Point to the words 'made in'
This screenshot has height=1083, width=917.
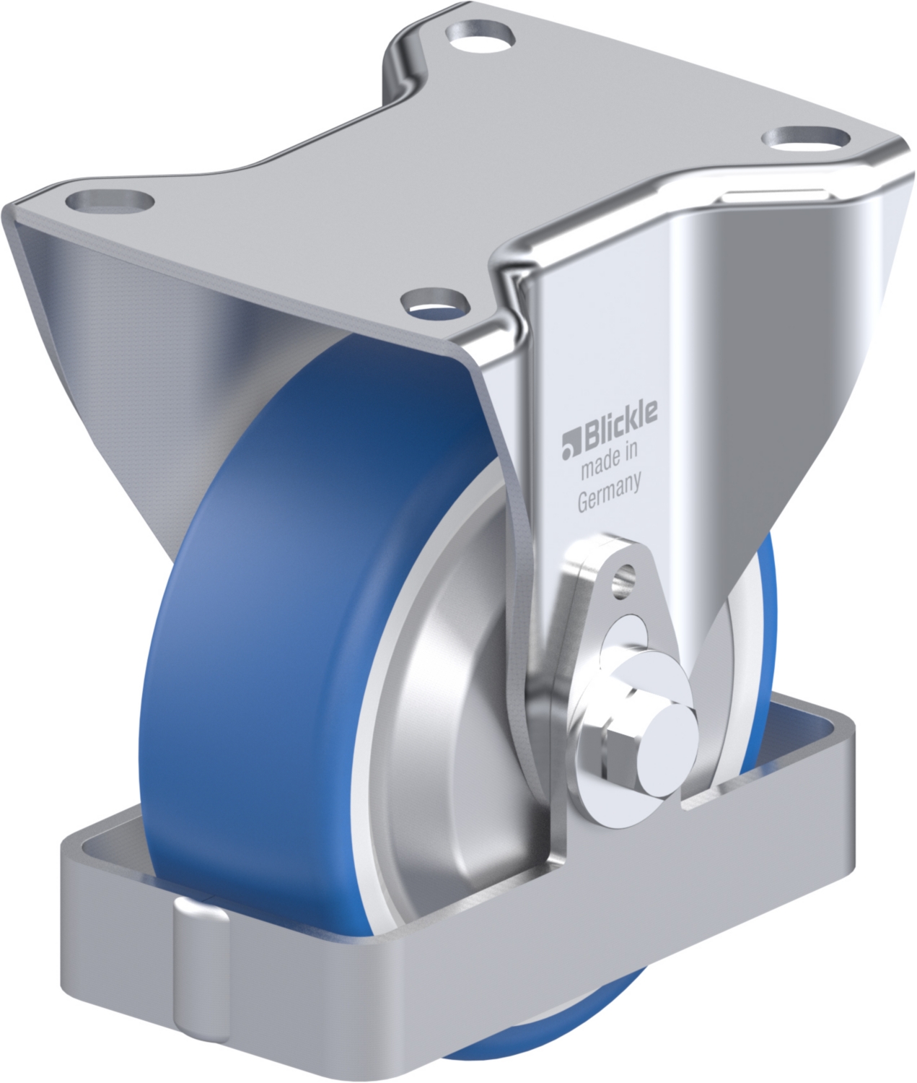pos(610,461)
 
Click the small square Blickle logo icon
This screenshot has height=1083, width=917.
pos(572,446)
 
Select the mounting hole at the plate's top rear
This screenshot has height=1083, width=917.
pos(480,38)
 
